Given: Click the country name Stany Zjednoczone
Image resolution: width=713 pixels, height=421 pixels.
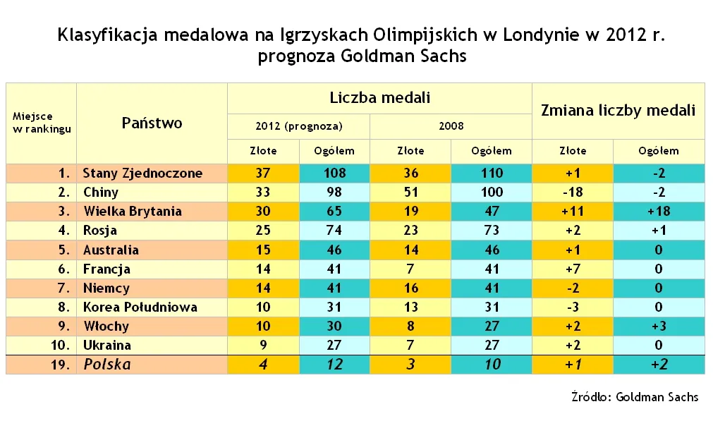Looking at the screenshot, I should pos(142,173).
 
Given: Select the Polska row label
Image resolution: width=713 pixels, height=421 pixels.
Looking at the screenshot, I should pos(107,364).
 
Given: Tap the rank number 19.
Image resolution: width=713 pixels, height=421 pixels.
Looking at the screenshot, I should pos(62,365).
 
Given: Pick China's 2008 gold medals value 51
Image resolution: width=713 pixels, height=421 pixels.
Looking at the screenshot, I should pos(410,192).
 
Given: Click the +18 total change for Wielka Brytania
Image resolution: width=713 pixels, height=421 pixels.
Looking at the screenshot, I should pos(658,211).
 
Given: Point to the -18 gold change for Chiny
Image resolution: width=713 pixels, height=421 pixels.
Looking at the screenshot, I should pos(572,192).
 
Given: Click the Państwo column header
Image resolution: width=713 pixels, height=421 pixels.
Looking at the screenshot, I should pos(152,123).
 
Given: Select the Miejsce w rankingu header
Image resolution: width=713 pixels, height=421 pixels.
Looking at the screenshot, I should pos(42,123).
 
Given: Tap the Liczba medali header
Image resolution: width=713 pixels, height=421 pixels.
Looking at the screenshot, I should pos(379,98).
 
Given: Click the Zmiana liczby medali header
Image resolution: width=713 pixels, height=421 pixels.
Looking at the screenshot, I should pos(618,110).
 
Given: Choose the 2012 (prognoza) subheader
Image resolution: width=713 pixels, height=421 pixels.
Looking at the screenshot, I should pos(298,126).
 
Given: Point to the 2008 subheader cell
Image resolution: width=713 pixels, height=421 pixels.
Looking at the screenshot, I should pos(451,126).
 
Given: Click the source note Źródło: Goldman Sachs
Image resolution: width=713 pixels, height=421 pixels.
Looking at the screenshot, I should pos(634,397).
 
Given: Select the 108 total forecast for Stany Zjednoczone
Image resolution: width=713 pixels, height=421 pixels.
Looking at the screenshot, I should pos(334,173).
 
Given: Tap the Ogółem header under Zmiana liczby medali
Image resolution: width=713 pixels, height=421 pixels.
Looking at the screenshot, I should pos(658,150).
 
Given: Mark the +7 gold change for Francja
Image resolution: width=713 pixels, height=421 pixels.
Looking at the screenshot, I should pos(572,269).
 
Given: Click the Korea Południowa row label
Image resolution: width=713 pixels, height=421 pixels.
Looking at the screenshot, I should pos(140,307).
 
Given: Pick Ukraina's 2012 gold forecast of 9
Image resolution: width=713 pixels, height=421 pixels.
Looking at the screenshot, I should pos(264,345).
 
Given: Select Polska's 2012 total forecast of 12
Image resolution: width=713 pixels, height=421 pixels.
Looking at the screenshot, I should pos(334,365).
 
